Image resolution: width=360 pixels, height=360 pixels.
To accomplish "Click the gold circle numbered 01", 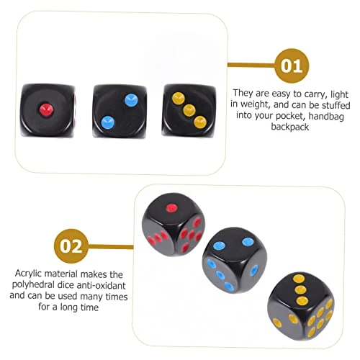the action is pos(292,66).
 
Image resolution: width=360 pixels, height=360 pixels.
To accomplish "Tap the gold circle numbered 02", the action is pos(71,246).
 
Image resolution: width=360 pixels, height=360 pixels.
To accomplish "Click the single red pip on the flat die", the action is pos(46,110).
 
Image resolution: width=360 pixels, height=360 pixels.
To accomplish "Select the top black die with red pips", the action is pos(48,111).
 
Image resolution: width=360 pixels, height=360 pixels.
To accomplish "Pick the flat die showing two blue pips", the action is pos(120,111).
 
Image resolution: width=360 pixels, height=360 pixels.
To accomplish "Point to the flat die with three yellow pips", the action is pos(189,111).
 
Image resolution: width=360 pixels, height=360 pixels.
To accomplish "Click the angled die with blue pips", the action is pos(235,261).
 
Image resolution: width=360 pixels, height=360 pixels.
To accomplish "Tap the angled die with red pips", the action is pos(174,225).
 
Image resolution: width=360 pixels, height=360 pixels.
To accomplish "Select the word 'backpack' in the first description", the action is pos(290,127).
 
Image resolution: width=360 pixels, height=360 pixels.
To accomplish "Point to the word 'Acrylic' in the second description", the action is pos(29,274).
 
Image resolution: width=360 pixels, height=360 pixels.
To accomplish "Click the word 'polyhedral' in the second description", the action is pos(33,285).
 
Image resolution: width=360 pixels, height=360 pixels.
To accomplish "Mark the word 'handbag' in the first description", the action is pos(326,116).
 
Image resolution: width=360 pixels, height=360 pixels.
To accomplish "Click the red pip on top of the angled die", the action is pos(172,208).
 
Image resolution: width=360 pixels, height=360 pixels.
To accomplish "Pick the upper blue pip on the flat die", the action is pos(132,100).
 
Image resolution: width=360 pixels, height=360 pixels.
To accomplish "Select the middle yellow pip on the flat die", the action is pos(189,111).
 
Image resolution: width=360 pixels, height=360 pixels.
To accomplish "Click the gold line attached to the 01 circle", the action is pos(251,65).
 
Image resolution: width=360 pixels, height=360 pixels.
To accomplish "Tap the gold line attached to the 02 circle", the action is pos(111,247).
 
